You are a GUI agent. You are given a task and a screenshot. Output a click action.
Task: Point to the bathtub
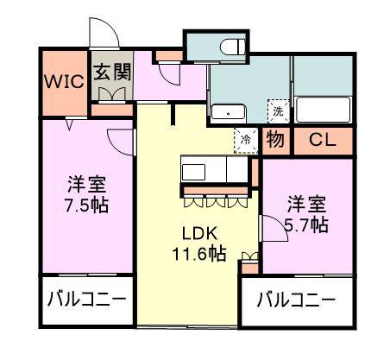click(323, 111)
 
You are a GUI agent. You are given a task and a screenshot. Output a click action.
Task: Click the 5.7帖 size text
click(307, 224)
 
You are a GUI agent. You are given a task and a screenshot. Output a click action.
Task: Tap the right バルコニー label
click(296, 301)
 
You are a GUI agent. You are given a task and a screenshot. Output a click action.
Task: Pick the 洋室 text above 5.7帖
click(307, 205)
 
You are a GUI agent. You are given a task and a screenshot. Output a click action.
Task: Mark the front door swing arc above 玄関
click(104, 33)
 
